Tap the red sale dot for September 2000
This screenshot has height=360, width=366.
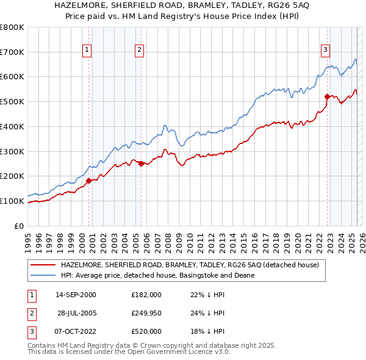88,180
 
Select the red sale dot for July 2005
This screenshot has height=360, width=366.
141,163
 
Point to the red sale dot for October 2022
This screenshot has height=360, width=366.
327,96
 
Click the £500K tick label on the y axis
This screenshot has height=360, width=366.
12,101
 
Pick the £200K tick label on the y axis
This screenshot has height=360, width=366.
12,176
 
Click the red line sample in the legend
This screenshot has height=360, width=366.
42,265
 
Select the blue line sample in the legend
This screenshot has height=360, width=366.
42,276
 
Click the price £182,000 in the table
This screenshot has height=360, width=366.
146,295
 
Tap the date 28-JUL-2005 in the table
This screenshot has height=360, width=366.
77,313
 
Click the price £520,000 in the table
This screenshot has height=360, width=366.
146,331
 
